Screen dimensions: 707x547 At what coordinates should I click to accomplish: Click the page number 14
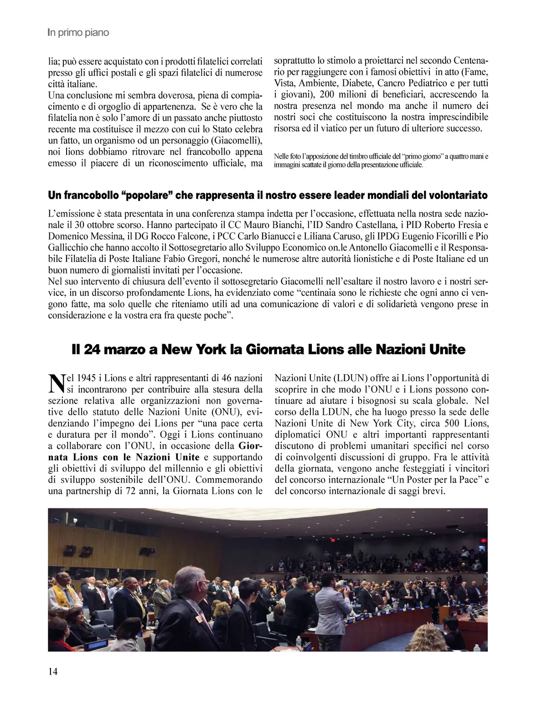(53, 671)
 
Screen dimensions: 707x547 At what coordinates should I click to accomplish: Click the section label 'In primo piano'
(78, 33)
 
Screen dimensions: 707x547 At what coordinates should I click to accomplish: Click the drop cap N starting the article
(55, 383)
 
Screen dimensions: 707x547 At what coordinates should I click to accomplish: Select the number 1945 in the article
(86, 378)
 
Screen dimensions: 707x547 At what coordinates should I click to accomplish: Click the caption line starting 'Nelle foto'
(381, 156)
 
